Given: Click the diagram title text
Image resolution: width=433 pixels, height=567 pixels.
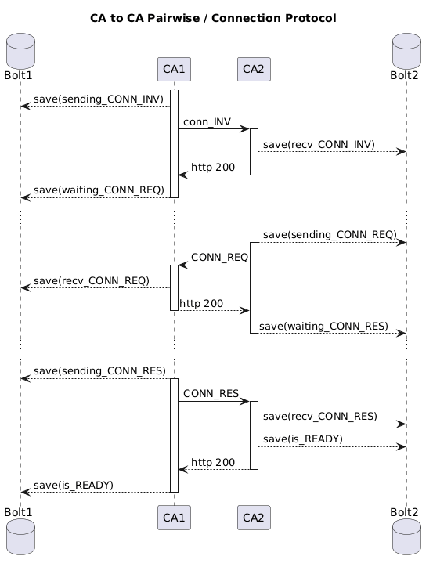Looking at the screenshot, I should click(213, 18).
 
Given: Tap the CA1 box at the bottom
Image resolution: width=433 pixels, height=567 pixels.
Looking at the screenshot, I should click(174, 518).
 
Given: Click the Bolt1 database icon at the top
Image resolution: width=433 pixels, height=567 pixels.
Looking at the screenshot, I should click(20, 63).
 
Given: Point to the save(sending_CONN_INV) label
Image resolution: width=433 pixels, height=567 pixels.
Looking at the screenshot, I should click(98, 99).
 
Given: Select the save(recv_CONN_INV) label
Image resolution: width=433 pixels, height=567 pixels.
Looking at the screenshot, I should click(319, 145).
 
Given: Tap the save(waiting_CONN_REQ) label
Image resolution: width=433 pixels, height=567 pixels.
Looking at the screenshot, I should click(99, 190).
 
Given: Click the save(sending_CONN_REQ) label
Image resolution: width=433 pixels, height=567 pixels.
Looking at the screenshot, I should click(330, 235).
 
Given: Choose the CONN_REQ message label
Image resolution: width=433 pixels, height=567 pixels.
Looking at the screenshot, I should click(219, 258).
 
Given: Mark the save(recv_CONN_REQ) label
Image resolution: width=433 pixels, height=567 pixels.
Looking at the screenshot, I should click(92, 280).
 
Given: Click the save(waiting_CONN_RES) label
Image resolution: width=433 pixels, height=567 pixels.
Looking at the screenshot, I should click(323, 326).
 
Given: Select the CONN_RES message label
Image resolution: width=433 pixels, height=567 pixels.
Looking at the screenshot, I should click(211, 393).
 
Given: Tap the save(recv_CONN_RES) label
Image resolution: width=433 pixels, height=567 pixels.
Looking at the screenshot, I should click(319, 416).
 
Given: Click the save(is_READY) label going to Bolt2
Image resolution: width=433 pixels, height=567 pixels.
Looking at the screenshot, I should click(303, 439).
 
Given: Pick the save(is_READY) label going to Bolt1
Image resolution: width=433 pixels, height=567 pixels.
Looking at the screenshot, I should click(74, 486).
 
